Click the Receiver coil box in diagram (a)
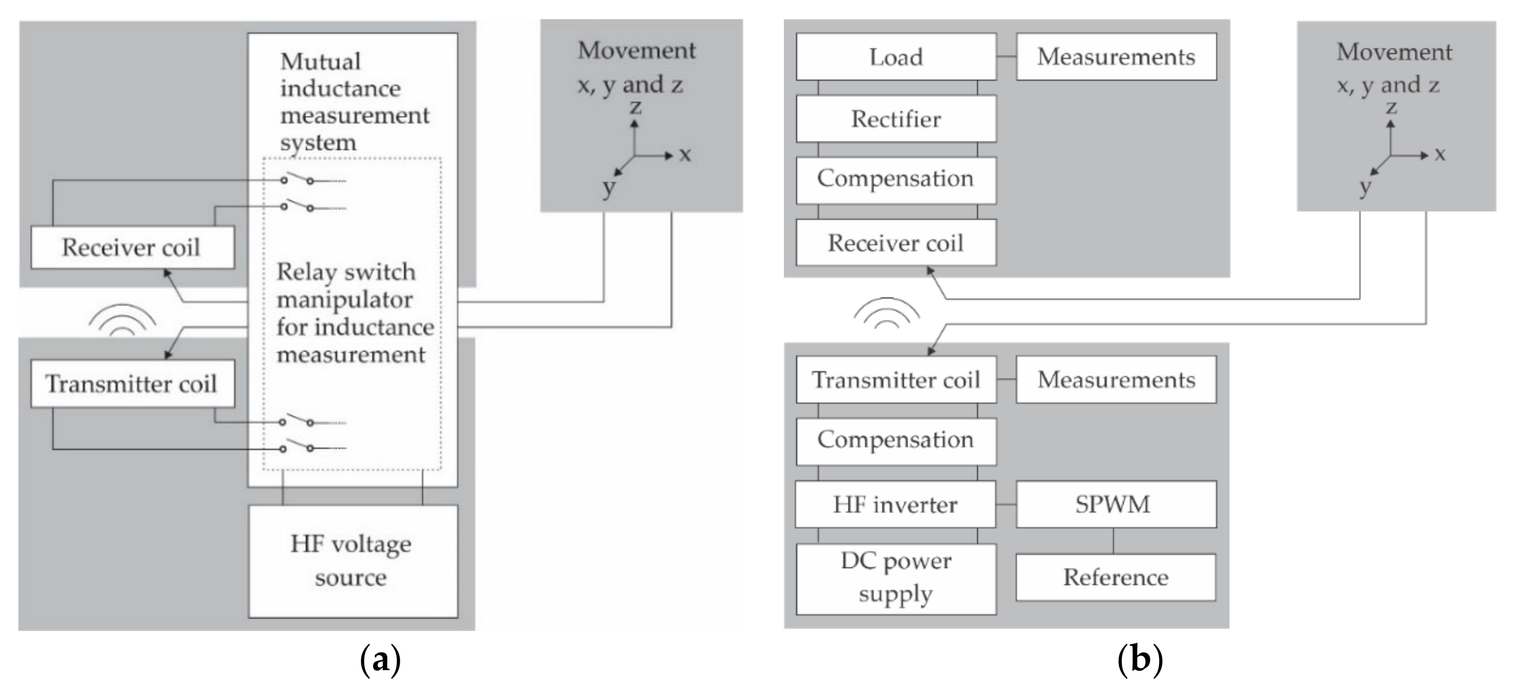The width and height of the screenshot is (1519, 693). (132, 248)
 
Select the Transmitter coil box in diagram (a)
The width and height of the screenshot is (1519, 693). (132, 384)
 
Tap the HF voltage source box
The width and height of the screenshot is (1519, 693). (353, 561)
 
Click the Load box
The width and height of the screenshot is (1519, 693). (896, 57)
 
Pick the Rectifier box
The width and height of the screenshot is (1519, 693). (896, 119)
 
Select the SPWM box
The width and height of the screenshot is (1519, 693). (1115, 504)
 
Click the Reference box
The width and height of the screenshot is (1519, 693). (1115, 577)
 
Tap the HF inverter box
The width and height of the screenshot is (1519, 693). (895, 504)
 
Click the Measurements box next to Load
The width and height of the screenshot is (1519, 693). (1116, 57)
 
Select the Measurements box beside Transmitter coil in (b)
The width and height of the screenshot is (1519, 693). (1116, 379)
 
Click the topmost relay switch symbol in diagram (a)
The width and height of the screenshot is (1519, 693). (298, 178)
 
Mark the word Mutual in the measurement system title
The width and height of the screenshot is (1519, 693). (320, 61)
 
